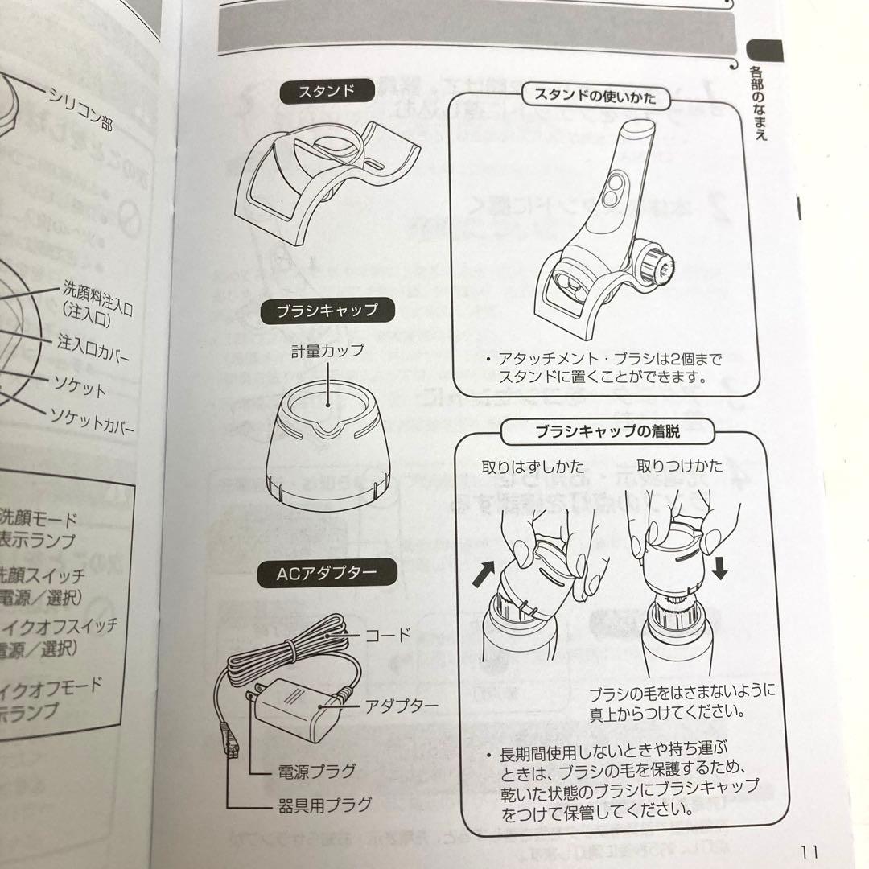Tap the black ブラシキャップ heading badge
pos(327,309)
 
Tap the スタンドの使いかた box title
pos(598,99)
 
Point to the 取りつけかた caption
pos(680,466)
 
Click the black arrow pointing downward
pos(719,568)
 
